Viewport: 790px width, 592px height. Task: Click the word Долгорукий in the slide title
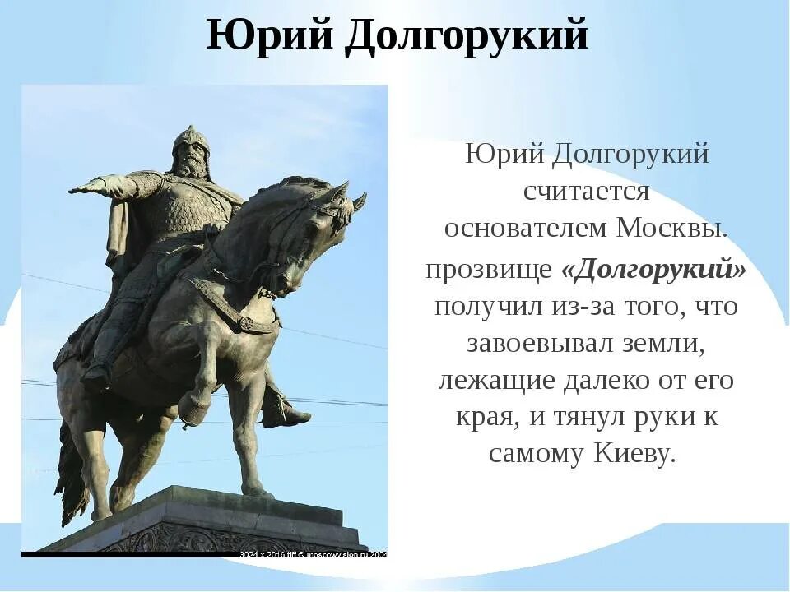(466, 37)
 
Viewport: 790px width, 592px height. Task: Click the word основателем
(527, 228)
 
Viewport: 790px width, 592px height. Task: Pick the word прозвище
(488, 271)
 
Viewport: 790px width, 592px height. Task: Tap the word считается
(587, 192)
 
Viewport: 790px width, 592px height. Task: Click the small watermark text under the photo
(313, 554)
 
